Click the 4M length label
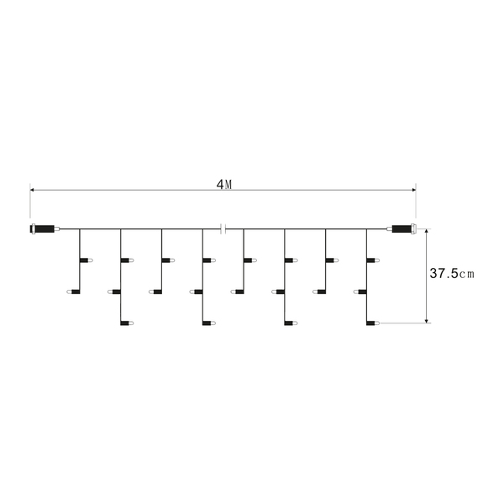click(x=224, y=185)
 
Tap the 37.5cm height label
click(x=452, y=274)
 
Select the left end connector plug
click(x=45, y=229)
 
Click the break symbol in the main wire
click(x=223, y=229)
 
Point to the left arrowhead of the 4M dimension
click(x=33, y=190)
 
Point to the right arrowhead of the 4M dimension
click(x=413, y=190)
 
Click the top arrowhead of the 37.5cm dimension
click(x=427, y=232)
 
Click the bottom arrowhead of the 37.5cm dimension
click(x=427, y=321)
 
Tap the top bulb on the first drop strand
click(x=87, y=260)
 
